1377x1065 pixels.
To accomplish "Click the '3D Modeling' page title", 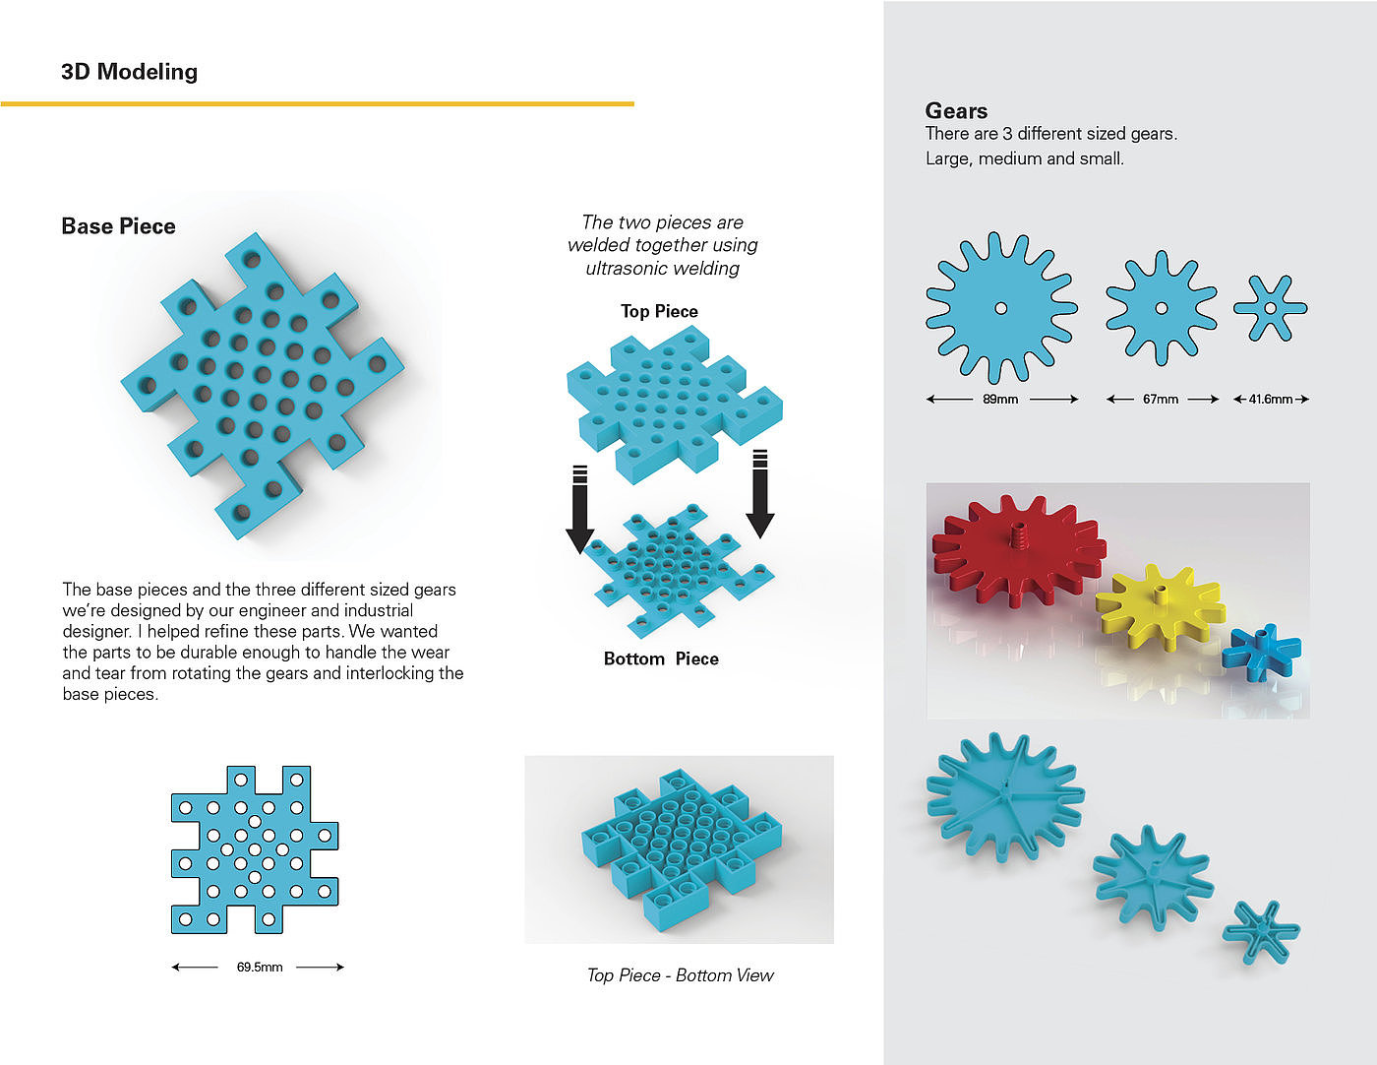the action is tap(129, 72).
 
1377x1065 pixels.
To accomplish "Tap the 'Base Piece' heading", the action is tap(118, 226).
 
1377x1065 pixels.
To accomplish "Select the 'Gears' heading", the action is tap(956, 111).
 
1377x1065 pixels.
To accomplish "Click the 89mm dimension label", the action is tap(1000, 400).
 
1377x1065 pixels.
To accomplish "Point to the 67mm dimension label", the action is tap(1161, 400).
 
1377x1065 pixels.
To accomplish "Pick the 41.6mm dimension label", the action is tap(1271, 400).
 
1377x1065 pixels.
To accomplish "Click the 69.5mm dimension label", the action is tap(260, 968).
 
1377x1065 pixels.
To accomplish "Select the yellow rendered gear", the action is tap(1160, 608).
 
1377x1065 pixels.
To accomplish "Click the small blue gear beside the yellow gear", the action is tap(1261, 652).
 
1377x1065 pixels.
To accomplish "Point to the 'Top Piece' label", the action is tap(659, 311).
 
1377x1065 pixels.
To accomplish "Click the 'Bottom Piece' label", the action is tap(661, 659).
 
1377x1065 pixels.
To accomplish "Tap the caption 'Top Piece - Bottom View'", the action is tap(680, 975).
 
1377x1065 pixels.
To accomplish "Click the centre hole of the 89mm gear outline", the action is tap(1001, 308).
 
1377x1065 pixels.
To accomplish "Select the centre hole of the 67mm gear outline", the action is tap(1162, 308).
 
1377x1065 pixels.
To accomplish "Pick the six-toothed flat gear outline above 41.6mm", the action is tap(1271, 308).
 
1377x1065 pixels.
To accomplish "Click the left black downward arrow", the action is tap(579, 510).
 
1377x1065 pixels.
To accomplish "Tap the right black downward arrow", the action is tap(759, 494).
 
